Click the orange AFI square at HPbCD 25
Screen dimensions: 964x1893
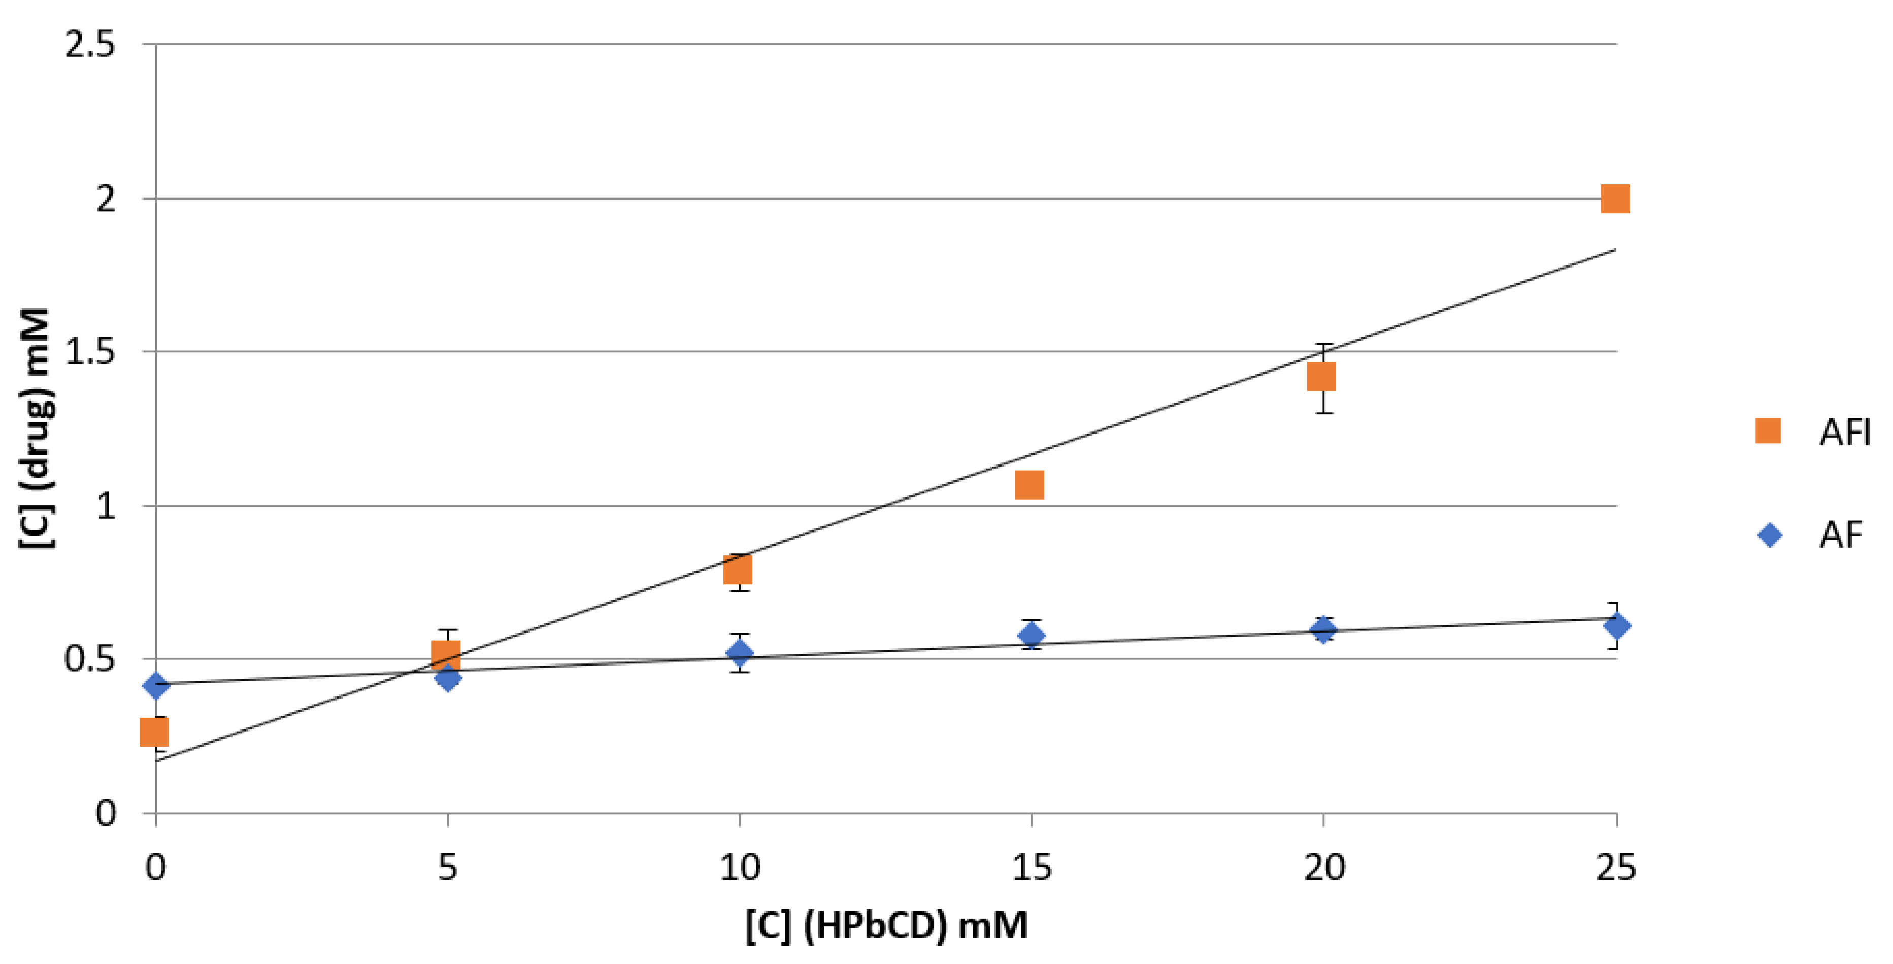1614,198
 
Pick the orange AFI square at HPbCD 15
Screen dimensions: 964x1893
1029,485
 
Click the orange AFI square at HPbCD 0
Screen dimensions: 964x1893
154,732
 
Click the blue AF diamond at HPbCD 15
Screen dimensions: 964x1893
1031,635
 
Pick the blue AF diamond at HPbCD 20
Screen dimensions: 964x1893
1323,629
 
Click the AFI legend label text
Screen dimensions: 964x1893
1844,432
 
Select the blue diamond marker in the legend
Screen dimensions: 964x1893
1770,535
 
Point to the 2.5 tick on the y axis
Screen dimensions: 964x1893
90,46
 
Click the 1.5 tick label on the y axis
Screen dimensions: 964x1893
90,352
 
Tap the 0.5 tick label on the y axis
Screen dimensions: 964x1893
90,659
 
